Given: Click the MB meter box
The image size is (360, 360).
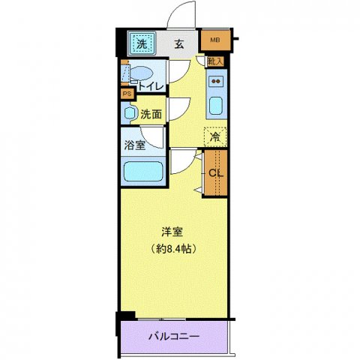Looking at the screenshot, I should click(x=214, y=40).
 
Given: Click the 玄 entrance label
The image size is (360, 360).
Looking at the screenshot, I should click(x=179, y=44).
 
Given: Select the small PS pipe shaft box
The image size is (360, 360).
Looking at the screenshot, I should click(x=127, y=94).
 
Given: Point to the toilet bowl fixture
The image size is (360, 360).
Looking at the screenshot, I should click(x=141, y=73).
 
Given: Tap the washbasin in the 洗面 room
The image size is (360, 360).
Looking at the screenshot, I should click(x=129, y=114).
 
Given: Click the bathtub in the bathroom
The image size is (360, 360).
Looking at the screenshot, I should click(x=142, y=171).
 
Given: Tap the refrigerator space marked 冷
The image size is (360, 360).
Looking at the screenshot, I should click(x=215, y=137).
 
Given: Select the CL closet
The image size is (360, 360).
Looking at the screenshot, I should click(x=214, y=173).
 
